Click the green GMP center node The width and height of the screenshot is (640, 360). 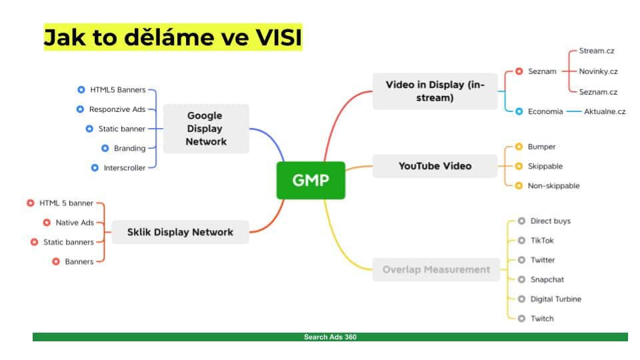(311, 181)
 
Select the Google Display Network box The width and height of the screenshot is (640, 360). (206, 129)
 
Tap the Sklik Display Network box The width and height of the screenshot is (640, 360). (180, 232)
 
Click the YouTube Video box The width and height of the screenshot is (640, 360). (435, 166)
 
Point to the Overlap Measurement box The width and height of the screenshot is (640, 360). (436, 269)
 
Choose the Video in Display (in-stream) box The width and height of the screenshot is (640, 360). (435, 91)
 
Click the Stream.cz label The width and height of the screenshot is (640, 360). (596, 51)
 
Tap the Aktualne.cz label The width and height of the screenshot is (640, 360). (605, 111)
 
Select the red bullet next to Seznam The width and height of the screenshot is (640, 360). (519, 71)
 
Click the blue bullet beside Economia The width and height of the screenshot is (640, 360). (519, 111)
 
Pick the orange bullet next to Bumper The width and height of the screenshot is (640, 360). (519, 147)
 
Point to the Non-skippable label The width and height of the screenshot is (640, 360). (553, 186)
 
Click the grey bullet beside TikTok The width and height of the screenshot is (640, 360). (521, 241)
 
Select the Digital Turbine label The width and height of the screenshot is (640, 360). (555, 299)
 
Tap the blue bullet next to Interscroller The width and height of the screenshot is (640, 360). (95, 168)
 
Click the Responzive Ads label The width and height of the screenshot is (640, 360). (117, 109)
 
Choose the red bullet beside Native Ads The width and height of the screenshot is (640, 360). (47, 223)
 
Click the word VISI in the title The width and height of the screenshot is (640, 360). (279, 37)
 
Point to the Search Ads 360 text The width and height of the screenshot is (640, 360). (330, 337)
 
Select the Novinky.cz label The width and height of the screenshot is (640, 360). (598, 71)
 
